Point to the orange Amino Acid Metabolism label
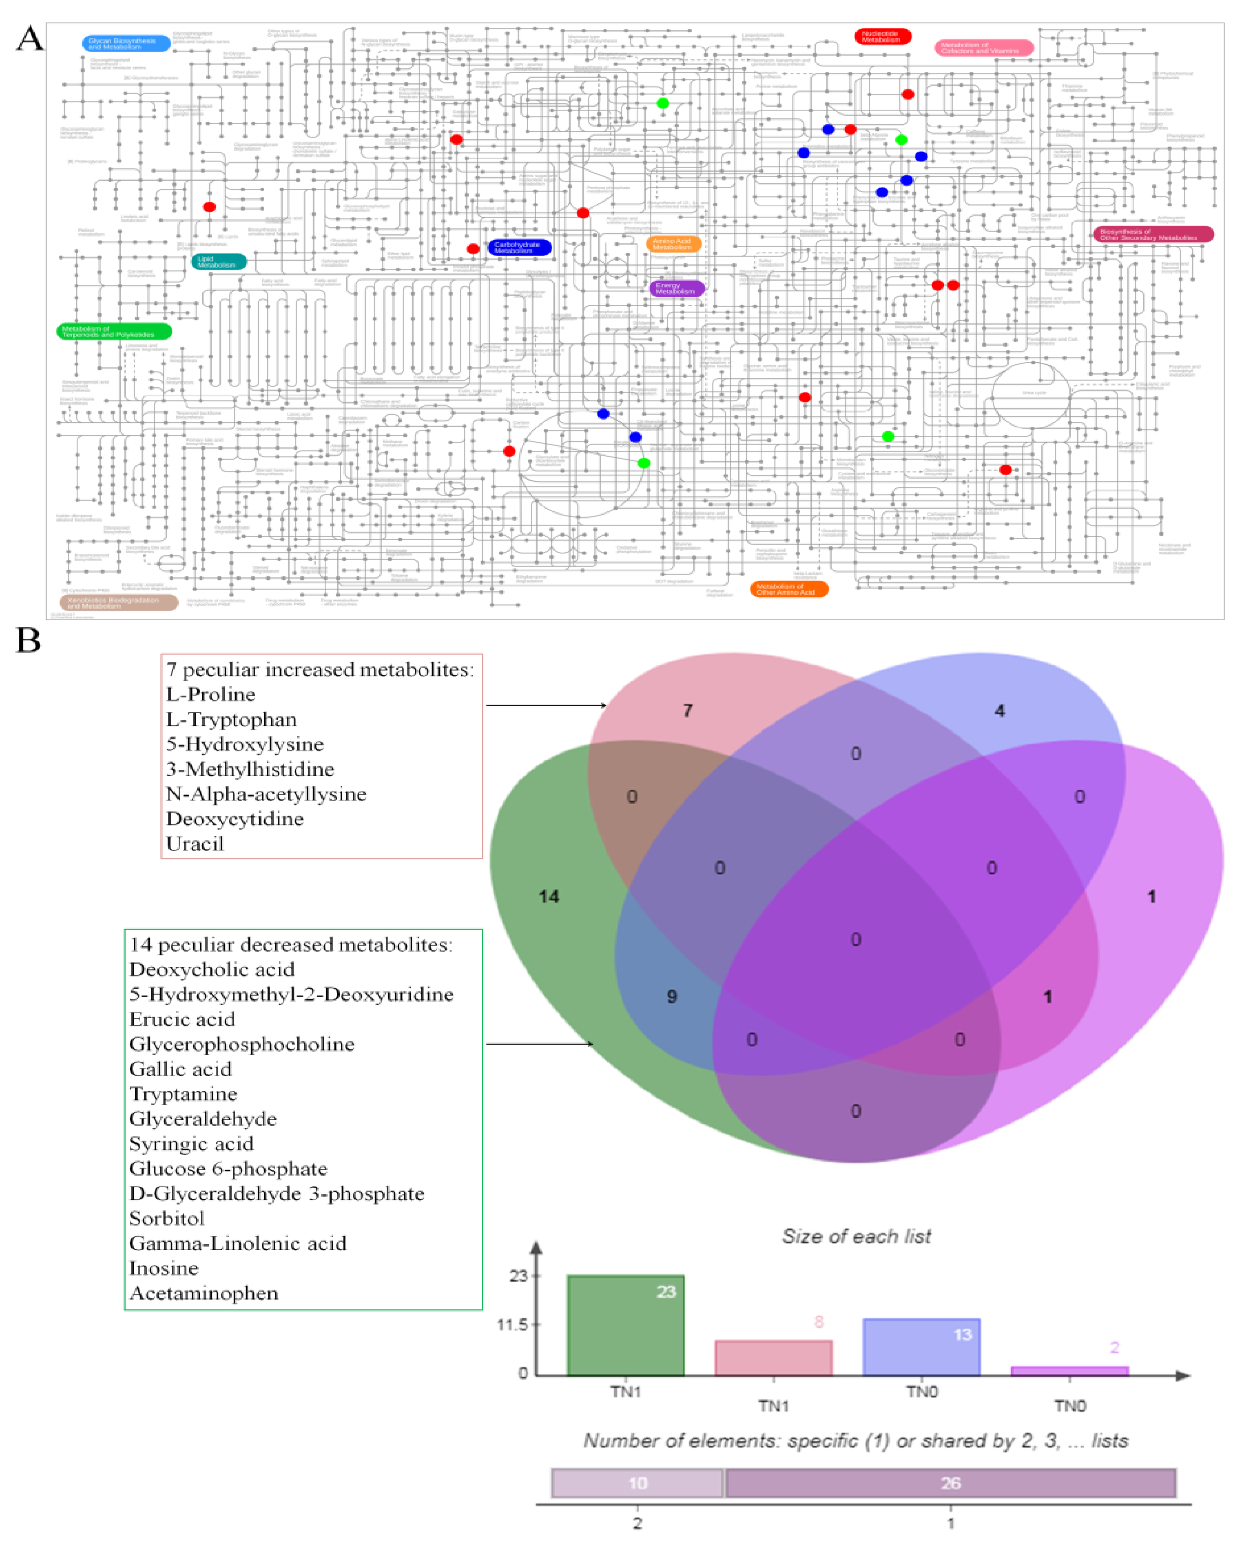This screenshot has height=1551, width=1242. (x=673, y=244)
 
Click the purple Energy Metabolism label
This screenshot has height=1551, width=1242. (x=676, y=288)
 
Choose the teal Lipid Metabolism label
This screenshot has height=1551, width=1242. (x=218, y=262)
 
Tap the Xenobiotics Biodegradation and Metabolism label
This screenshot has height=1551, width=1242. (x=119, y=602)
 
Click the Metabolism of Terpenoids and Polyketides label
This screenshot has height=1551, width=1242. (x=114, y=332)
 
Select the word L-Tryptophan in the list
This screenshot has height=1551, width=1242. (x=231, y=719)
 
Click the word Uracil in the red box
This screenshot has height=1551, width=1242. (x=195, y=844)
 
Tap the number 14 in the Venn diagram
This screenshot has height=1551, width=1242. (x=549, y=896)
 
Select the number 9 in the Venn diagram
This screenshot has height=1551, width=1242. (x=672, y=997)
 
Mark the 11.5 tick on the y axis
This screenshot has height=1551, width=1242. (x=512, y=1324)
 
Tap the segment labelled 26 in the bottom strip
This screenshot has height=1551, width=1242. (x=950, y=1483)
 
